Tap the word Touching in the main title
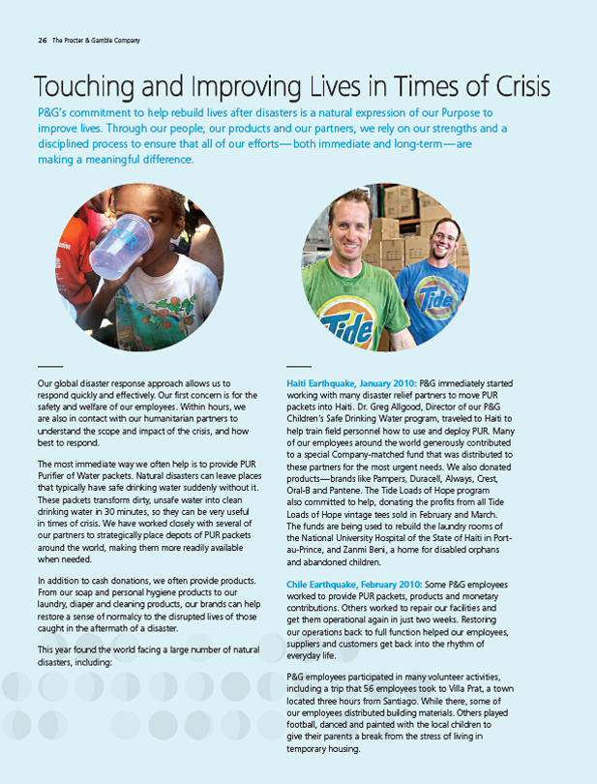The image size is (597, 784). (80, 86)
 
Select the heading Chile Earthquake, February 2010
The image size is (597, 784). (353, 585)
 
